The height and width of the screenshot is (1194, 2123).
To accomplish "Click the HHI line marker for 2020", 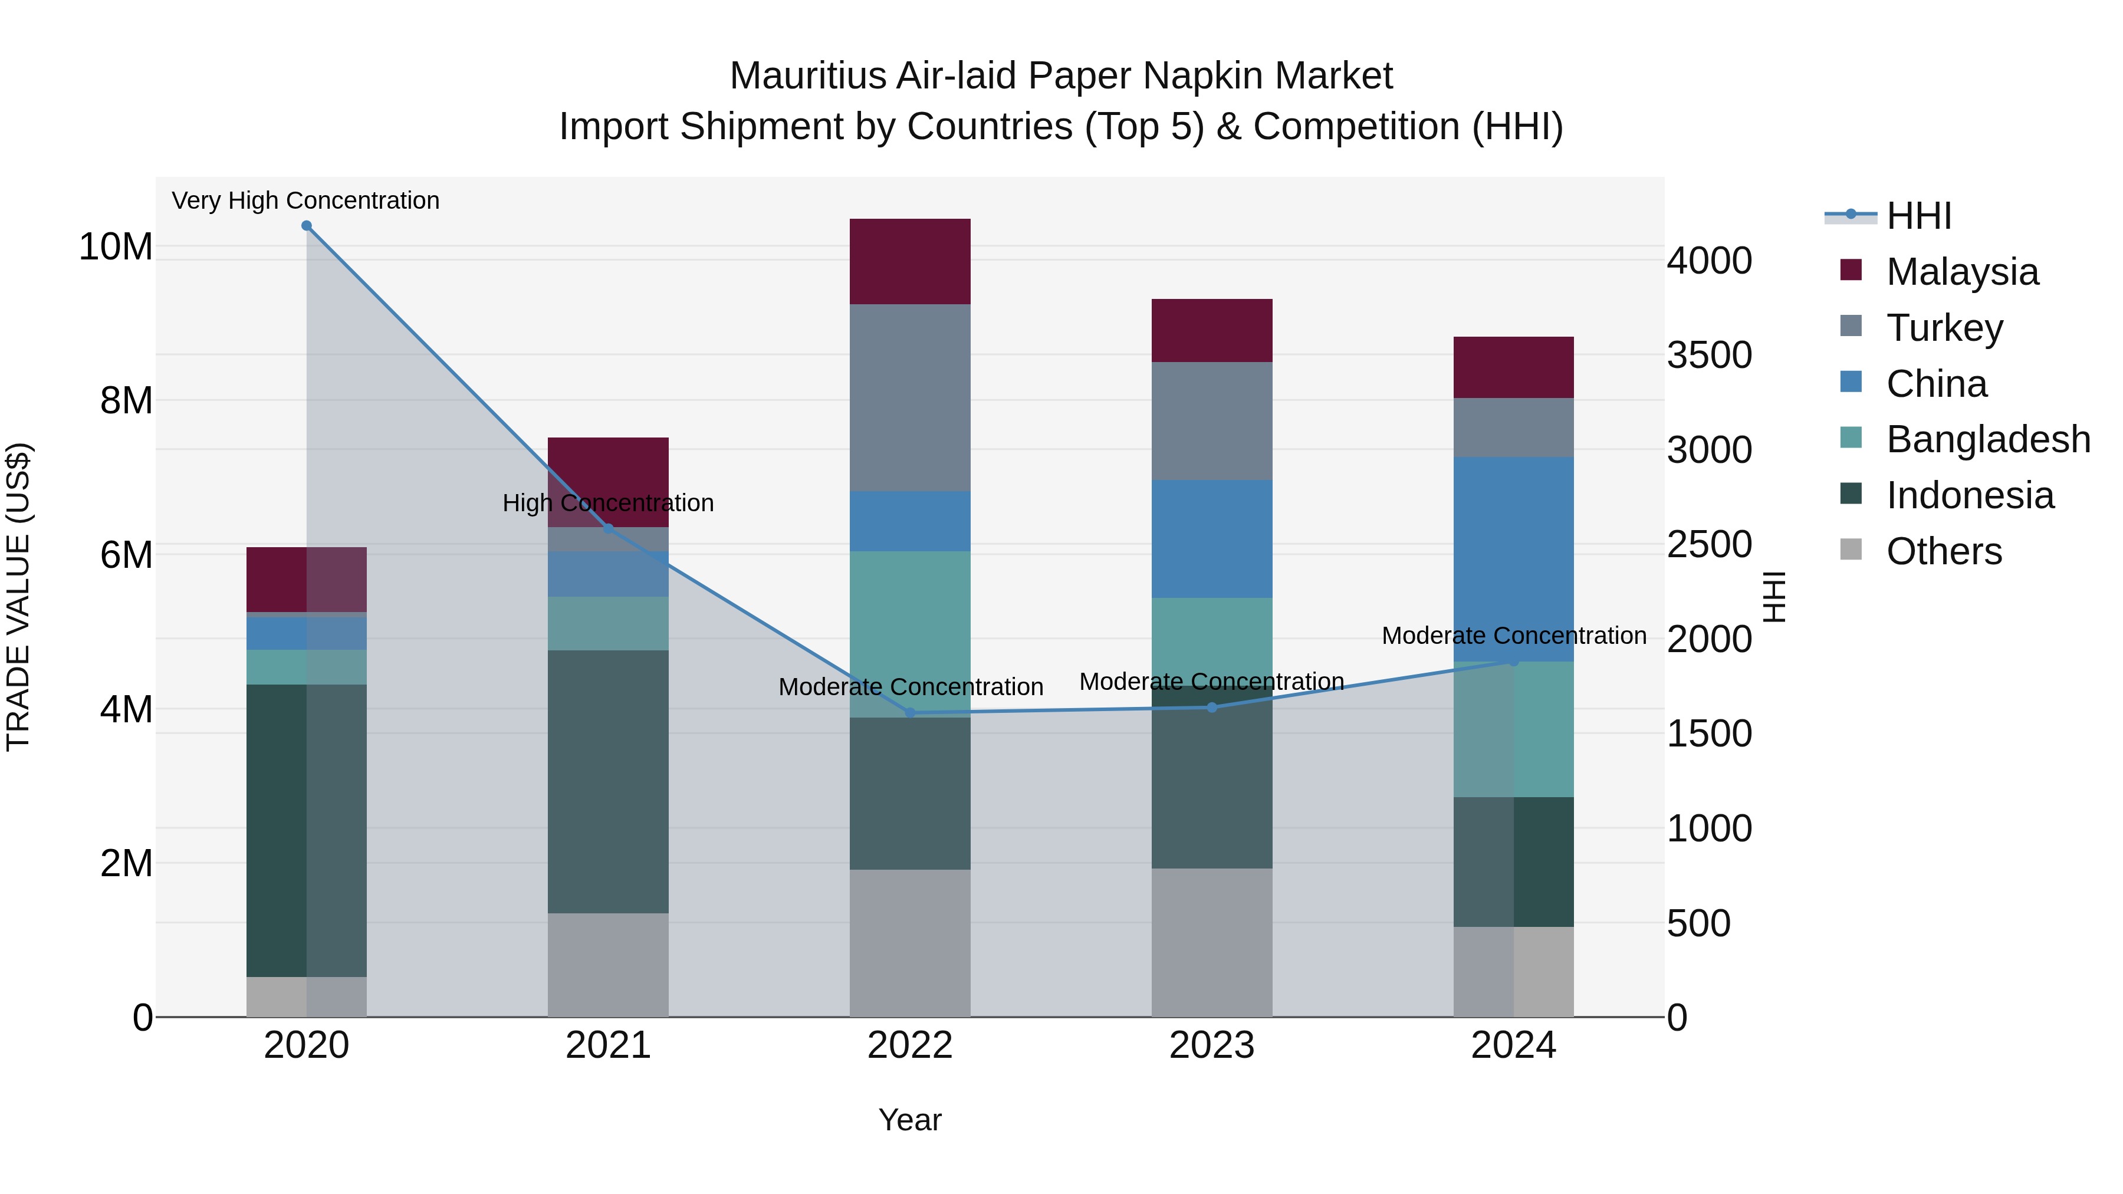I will pos(307,226).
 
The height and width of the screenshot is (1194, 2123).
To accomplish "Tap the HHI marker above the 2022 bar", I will pos(910,713).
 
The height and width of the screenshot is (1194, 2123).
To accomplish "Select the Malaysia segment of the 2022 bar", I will pos(910,261).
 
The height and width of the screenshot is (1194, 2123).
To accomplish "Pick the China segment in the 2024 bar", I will pos(1513,559).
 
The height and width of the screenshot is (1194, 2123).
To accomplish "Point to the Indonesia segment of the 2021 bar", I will pos(608,781).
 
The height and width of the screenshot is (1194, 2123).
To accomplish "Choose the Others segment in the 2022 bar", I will pos(910,943).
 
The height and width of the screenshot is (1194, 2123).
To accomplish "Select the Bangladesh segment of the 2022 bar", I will pos(910,634).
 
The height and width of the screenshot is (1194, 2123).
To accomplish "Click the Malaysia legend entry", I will pos(1961,272).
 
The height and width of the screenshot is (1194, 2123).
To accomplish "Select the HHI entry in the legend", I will pos(1918,216).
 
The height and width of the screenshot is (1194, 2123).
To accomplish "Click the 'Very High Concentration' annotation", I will pos(305,200).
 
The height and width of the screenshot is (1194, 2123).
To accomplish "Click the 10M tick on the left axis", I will pos(116,246).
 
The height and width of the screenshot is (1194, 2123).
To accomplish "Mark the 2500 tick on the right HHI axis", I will pos(1708,545).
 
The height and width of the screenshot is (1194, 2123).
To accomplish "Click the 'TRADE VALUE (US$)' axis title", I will pos(18,597).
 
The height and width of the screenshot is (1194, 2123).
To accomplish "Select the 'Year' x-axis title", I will pos(910,1120).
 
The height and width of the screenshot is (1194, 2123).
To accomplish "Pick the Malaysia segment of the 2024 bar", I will pos(1513,367).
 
